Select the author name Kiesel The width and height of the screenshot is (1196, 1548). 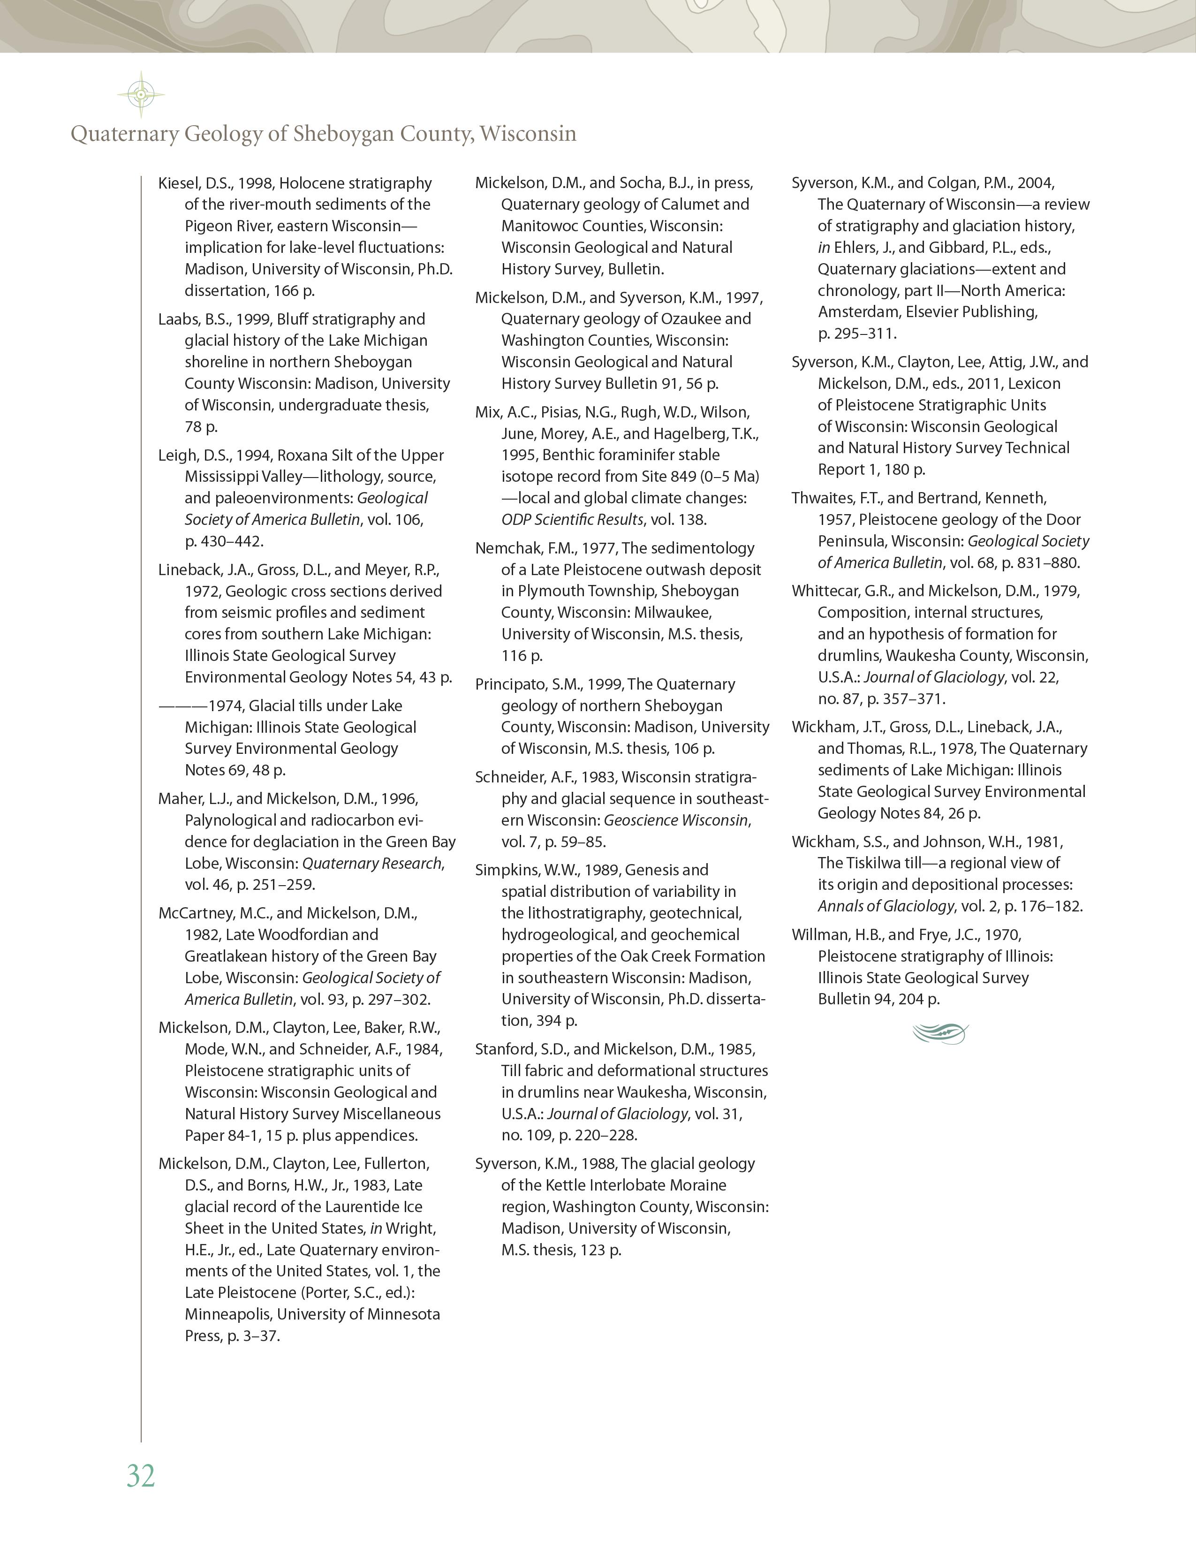pyautogui.click(x=179, y=183)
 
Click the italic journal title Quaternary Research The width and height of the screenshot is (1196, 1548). pyautogui.click(x=372, y=863)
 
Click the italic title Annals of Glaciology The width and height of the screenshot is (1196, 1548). pyautogui.click(x=886, y=907)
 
